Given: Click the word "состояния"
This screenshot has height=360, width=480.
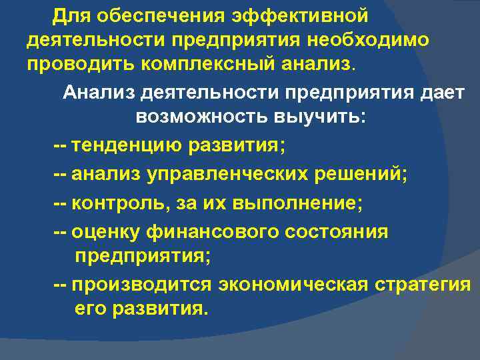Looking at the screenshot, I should coord(345,233).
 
